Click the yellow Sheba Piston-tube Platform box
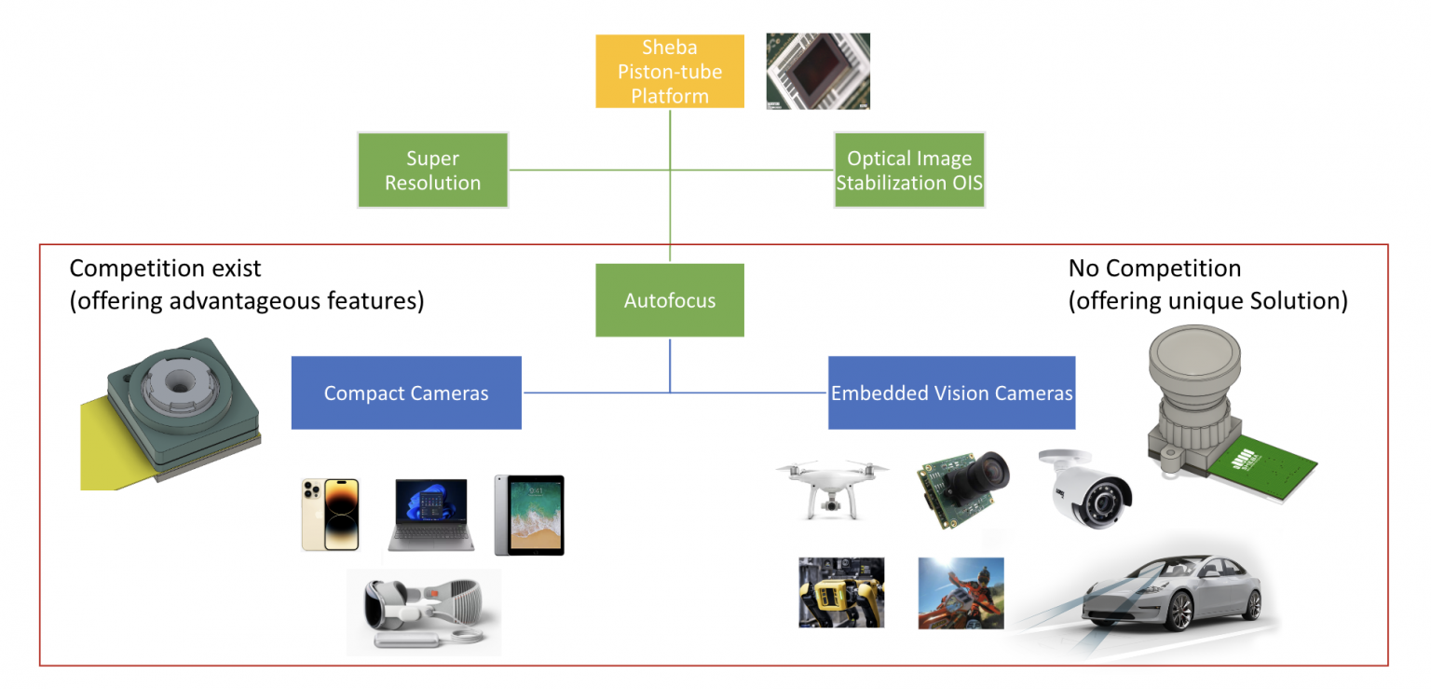coord(670,71)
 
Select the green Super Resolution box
coord(433,170)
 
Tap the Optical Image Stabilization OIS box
coord(909,170)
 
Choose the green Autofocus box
coord(670,300)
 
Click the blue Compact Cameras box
coord(406,393)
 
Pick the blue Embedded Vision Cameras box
coord(951,393)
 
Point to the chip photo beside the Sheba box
coord(818,71)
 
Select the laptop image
coord(431,515)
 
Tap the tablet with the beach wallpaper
coord(529,515)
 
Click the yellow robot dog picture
coord(841,592)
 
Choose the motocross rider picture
coord(961,592)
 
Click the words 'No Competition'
coord(1154,269)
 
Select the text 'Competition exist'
coord(166,269)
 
